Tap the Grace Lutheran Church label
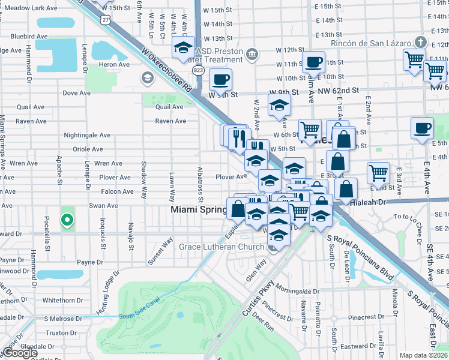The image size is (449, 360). [x=221, y=247]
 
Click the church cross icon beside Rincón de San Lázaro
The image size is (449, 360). [x=421, y=43]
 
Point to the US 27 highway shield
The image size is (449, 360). [x=106, y=19]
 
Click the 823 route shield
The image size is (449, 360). [x=198, y=70]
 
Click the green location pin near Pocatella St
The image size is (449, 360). [x=67, y=221]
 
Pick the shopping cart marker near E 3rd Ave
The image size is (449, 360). [x=378, y=173]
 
